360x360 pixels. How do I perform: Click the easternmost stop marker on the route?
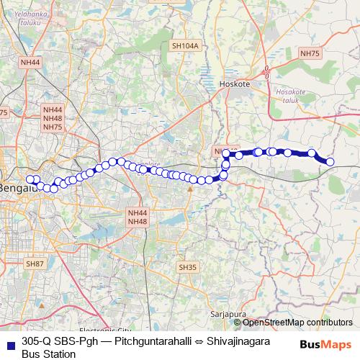(x=330, y=162)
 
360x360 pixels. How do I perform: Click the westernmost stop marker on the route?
(x=30, y=179)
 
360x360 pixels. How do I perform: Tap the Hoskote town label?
(x=234, y=84)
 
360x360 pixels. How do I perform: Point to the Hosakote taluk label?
(x=291, y=97)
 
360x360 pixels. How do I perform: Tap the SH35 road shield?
(x=187, y=267)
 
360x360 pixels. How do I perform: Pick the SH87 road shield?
(x=35, y=264)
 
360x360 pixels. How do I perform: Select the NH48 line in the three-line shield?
(x=53, y=118)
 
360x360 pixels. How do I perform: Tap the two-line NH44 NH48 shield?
(x=137, y=217)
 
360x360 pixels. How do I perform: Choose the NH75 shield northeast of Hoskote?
(x=310, y=53)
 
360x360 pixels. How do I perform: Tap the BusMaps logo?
(x=328, y=343)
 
